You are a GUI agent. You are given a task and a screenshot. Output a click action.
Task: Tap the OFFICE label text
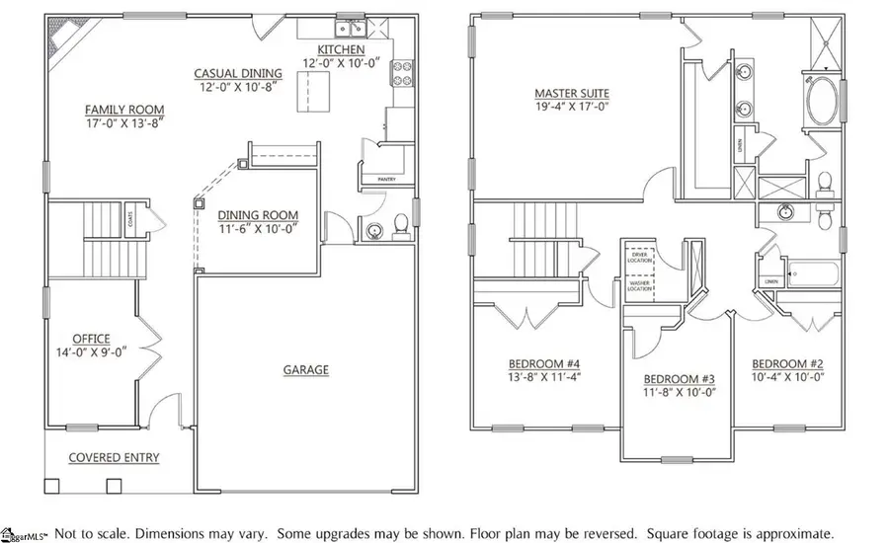[x=90, y=339]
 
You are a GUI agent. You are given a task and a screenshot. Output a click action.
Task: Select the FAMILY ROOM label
[x=124, y=110]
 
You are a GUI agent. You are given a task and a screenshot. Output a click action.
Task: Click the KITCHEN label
[x=341, y=49]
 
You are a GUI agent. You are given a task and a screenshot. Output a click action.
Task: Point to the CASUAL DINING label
[x=237, y=73]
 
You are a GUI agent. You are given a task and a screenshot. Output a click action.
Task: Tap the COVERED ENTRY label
[x=114, y=458]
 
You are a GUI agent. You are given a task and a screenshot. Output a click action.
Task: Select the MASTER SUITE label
[x=571, y=93]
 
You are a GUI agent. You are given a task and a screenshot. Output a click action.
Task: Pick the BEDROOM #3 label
[x=679, y=379]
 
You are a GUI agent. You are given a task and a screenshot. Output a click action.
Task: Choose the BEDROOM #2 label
[x=787, y=362]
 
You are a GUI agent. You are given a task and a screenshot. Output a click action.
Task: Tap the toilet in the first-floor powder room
[x=400, y=228]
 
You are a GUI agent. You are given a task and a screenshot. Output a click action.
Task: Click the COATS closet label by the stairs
[x=130, y=219]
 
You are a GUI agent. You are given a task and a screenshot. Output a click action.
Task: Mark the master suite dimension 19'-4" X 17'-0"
[x=571, y=107]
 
